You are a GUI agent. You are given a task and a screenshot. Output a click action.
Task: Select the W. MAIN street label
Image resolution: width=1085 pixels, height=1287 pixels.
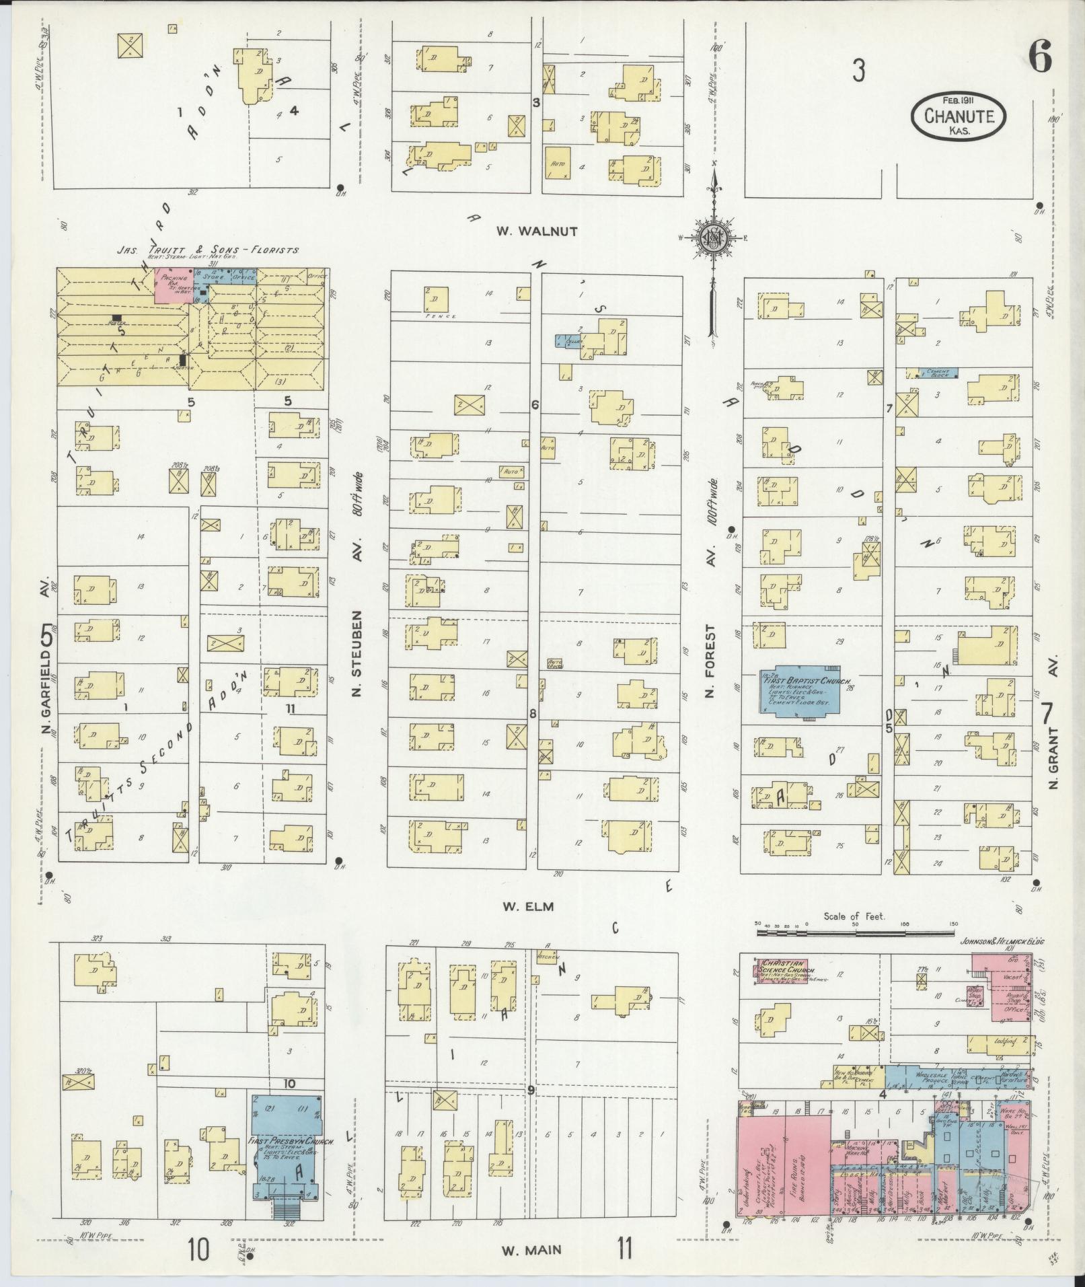pyautogui.click(x=531, y=1251)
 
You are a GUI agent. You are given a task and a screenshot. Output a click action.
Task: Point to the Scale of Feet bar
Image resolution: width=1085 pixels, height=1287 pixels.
pyautogui.click(x=856, y=933)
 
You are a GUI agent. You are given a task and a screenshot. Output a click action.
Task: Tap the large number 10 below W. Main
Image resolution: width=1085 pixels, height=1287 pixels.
pyautogui.click(x=198, y=1251)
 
